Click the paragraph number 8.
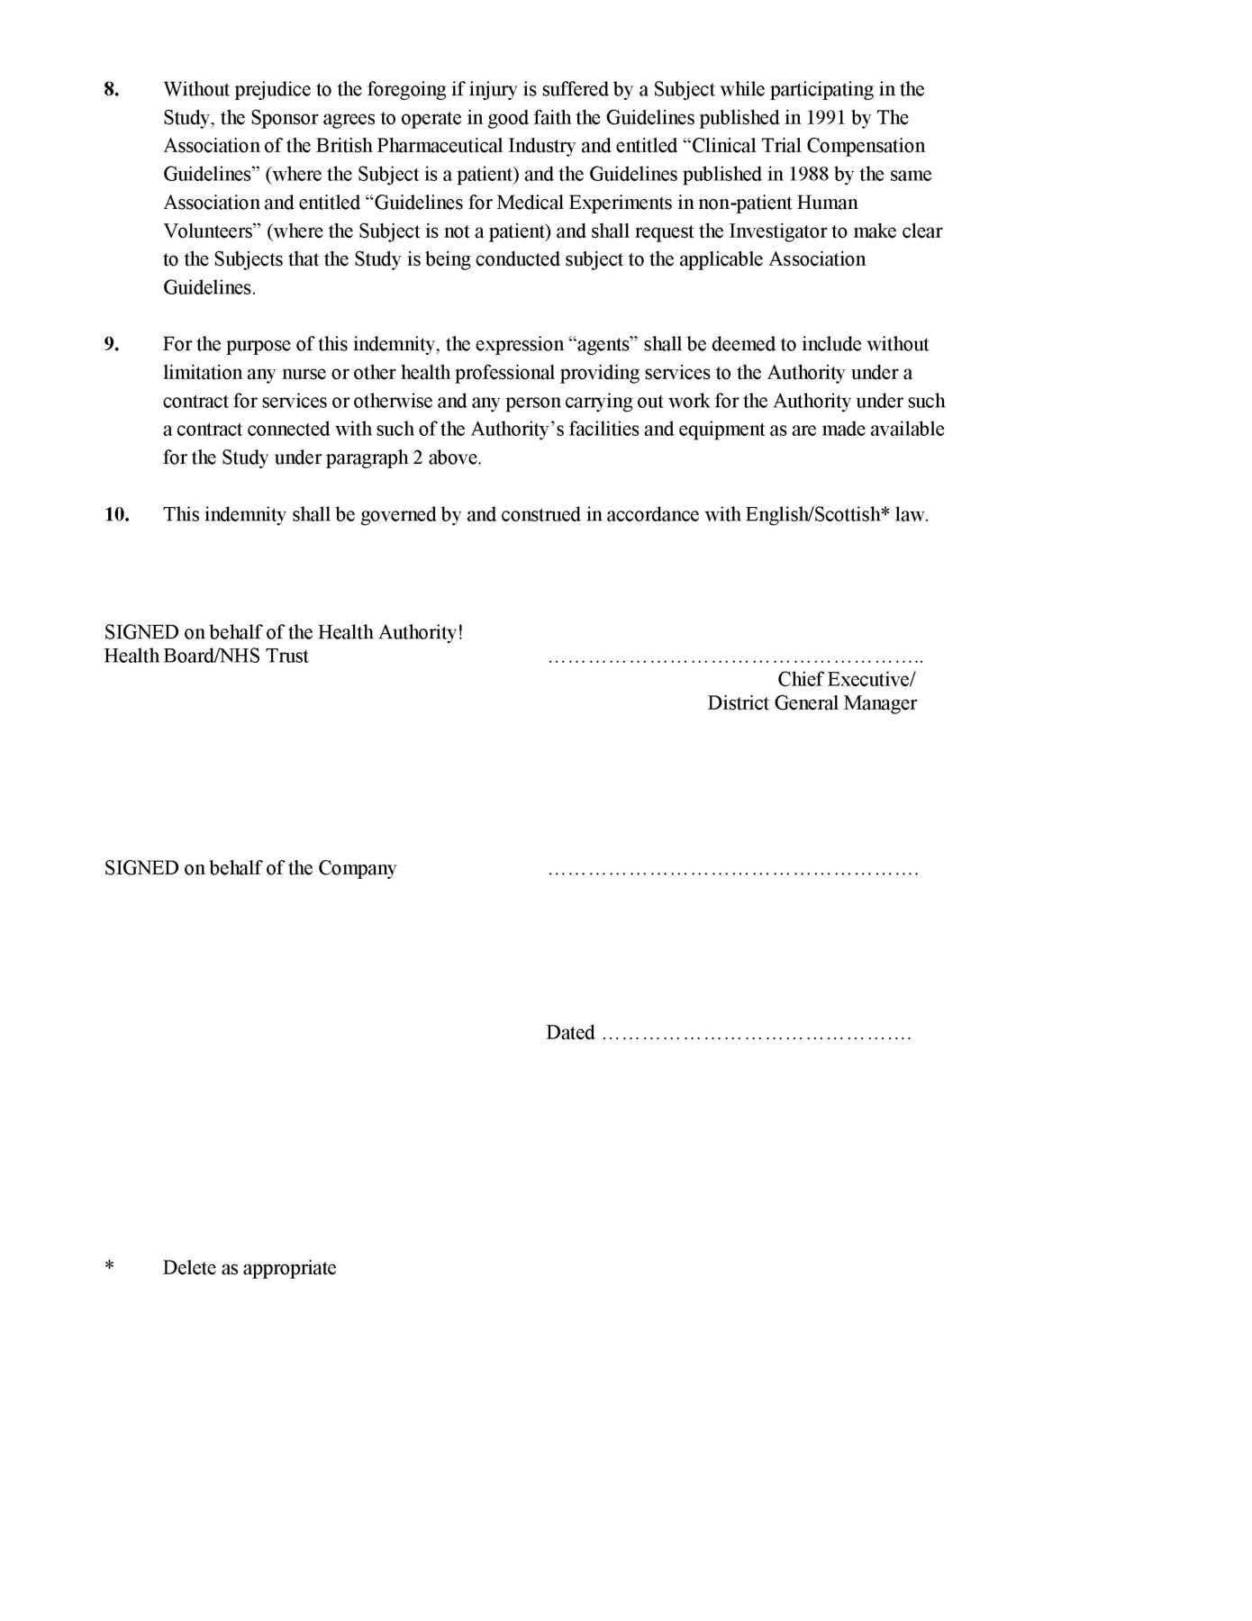[112, 89]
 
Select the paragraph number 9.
[112, 344]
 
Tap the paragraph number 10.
[117, 515]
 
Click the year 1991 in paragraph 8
[827, 118]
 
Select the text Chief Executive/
[847, 680]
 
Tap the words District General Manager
[812, 703]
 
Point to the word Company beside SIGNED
[357, 869]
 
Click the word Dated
[570, 1033]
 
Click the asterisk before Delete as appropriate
[110, 1267]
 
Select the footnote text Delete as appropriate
[249, 1269]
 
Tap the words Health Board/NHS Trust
[206, 657]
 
